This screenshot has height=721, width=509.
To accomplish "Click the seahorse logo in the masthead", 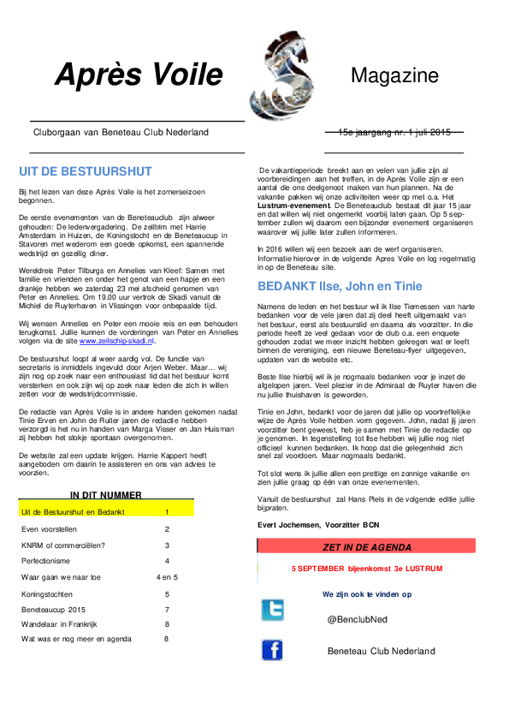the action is (281, 76).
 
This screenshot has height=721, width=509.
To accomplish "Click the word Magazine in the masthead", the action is (394, 75).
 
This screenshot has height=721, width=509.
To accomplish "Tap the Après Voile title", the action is (139, 74).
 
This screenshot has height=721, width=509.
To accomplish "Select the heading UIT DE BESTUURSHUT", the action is (86, 171).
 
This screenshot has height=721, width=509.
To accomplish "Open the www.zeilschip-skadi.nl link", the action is (116, 341).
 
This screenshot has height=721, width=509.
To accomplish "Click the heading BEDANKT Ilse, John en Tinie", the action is (340, 287).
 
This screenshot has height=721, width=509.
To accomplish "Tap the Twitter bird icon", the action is (272, 611).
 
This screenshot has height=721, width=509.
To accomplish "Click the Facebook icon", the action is (272, 650).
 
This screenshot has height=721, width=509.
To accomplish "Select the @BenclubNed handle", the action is (358, 619).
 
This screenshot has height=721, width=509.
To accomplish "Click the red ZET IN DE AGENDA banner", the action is (366, 545).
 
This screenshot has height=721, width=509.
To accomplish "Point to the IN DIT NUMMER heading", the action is (106, 495).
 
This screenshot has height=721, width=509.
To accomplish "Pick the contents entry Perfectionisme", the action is (45, 561).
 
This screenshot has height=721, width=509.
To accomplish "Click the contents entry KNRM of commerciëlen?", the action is (63, 545).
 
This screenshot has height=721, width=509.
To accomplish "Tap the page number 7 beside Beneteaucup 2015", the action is (167, 610).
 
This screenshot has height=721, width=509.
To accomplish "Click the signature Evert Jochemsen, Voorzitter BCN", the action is (318, 525).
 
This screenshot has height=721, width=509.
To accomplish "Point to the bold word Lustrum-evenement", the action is (294, 206).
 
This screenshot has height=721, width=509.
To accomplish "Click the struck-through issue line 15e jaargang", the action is (394, 133).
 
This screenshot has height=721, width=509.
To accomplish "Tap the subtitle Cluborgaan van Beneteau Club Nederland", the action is (121, 133).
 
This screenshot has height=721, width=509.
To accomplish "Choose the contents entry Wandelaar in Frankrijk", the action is (59, 624).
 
